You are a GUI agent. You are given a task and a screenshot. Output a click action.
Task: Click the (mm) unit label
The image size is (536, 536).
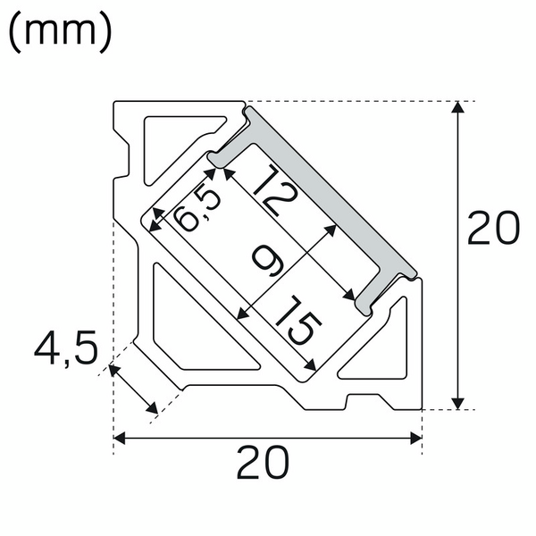60,32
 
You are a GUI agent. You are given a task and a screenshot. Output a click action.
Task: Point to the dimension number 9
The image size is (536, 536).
268,261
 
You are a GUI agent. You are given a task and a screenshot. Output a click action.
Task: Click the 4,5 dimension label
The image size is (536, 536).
65,348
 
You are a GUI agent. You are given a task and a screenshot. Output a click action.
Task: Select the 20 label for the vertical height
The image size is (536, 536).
493,230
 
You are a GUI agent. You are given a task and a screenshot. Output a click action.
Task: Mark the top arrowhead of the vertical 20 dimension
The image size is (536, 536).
457,109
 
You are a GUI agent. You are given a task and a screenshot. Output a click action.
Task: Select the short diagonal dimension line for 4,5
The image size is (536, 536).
134,389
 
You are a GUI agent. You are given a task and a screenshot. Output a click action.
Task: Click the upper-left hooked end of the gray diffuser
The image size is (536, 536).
218,159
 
